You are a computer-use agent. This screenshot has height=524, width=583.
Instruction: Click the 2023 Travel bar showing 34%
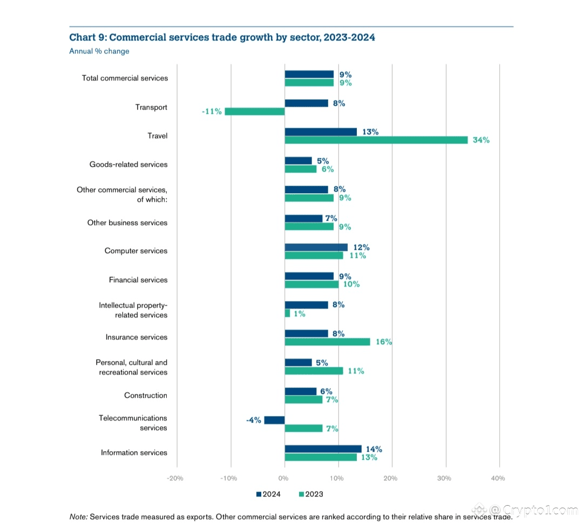click(376, 140)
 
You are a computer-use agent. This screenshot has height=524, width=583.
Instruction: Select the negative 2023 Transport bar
click(254, 112)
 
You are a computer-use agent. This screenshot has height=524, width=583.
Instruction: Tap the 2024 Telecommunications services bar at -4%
click(274, 420)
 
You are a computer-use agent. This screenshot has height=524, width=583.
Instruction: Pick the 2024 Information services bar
click(323, 449)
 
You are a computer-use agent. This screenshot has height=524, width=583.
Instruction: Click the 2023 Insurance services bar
click(327, 342)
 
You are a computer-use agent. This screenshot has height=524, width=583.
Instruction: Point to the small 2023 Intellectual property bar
click(287, 313)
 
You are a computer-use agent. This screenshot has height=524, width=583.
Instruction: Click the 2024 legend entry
click(268, 494)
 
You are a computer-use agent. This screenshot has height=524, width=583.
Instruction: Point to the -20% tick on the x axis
click(175, 478)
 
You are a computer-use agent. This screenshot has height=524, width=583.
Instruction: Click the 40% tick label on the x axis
click(498, 478)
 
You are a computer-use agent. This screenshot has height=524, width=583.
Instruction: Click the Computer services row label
click(136, 251)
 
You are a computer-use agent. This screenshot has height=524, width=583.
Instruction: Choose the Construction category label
click(146, 396)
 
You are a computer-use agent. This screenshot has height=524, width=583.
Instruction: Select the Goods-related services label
click(128, 165)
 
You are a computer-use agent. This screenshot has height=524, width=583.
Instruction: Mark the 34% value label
click(481, 140)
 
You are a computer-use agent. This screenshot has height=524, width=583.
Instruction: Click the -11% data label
click(212, 112)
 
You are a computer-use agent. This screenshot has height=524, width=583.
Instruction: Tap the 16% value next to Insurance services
click(383, 342)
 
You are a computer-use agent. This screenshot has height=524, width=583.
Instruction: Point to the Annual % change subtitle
click(99, 51)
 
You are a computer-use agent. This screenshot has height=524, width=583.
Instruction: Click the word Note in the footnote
click(78, 516)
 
